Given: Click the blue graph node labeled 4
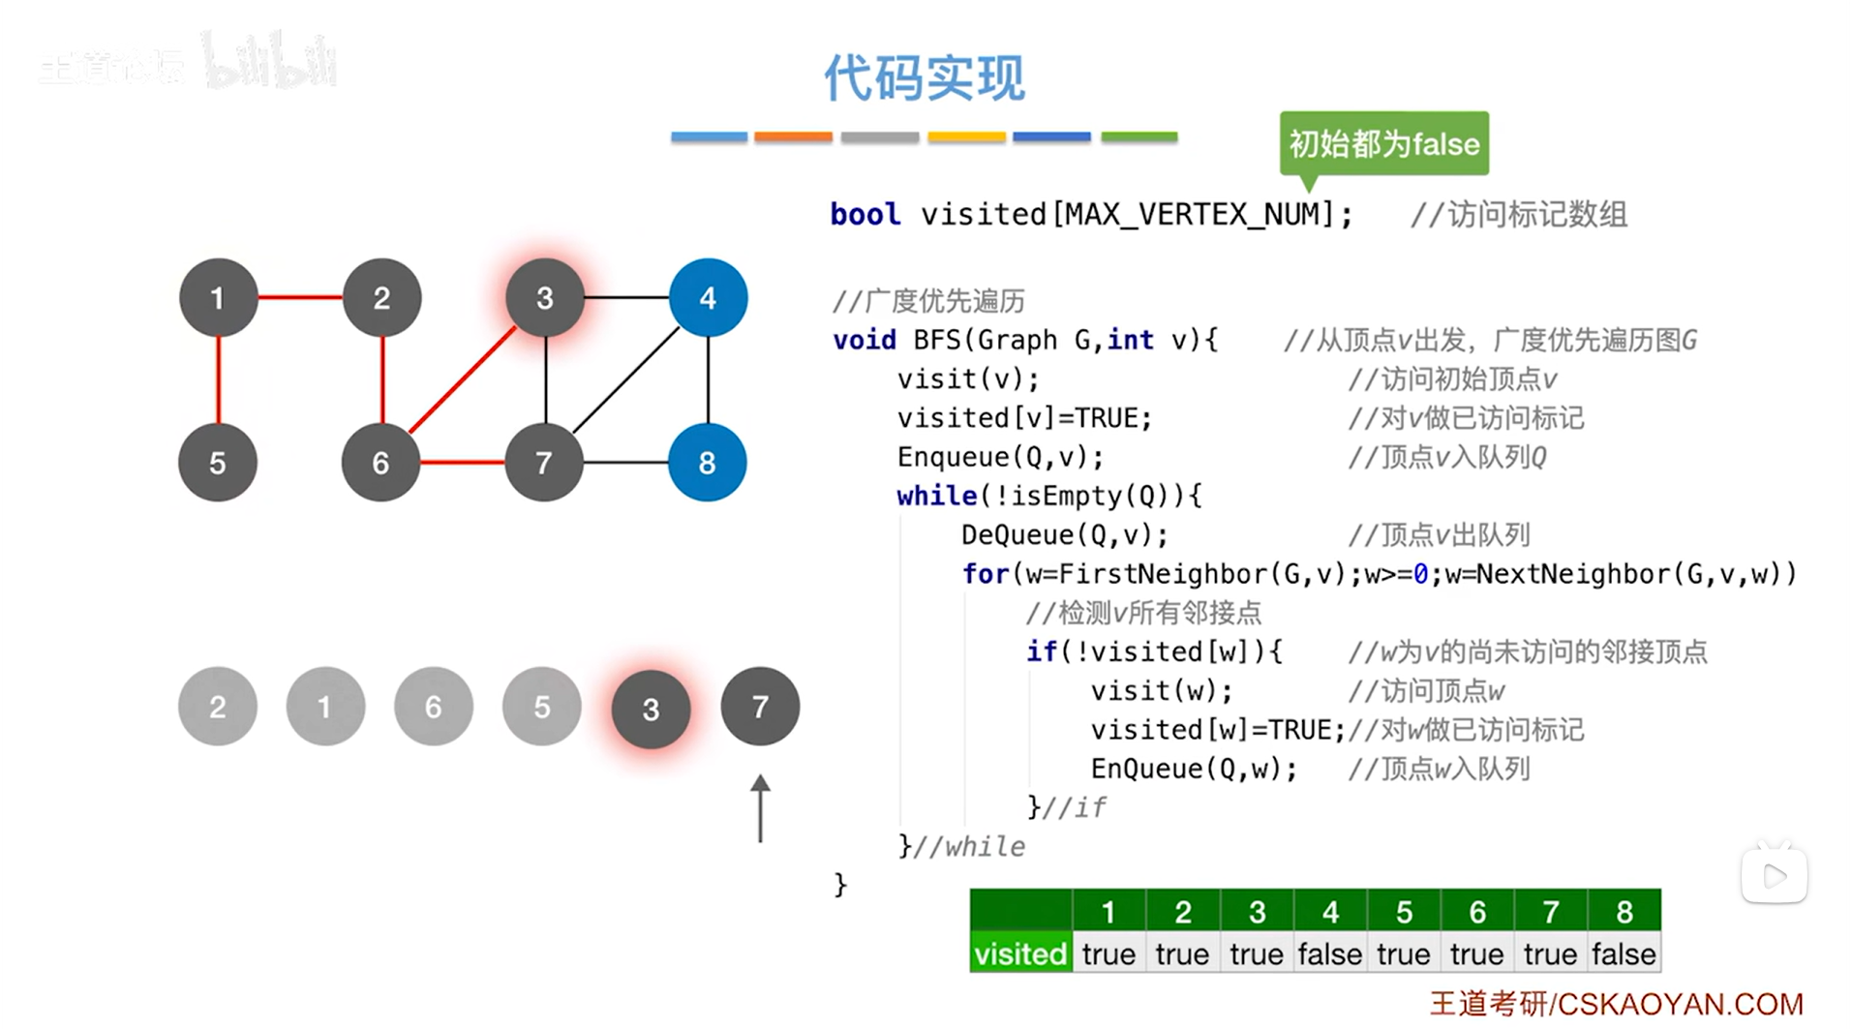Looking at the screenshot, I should click(708, 297).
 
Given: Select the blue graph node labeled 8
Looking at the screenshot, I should click(707, 463).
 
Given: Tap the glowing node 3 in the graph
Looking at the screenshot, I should click(545, 297).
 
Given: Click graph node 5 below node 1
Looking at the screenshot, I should click(218, 463).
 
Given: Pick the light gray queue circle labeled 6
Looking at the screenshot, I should click(433, 707).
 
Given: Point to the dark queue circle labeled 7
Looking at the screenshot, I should click(760, 707).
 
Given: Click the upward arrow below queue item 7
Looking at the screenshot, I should click(760, 809).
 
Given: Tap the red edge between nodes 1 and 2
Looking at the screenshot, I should click(300, 297).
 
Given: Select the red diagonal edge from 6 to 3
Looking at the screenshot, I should click(463, 380).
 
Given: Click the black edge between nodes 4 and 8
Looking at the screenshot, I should click(708, 379).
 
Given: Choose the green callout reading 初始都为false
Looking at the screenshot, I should click(1383, 144).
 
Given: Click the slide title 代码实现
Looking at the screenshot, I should click(925, 77).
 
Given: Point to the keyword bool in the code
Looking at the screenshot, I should click(865, 214).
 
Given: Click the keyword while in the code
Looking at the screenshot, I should click(936, 496).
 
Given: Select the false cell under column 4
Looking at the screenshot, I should click(1329, 954).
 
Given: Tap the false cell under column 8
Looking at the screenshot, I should click(1624, 954).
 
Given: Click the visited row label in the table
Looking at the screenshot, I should click(1020, 954).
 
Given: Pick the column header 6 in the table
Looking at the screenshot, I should click(1476, 912).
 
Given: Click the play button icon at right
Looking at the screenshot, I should click(1775, 877).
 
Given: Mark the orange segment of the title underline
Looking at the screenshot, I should click(793, 137).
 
